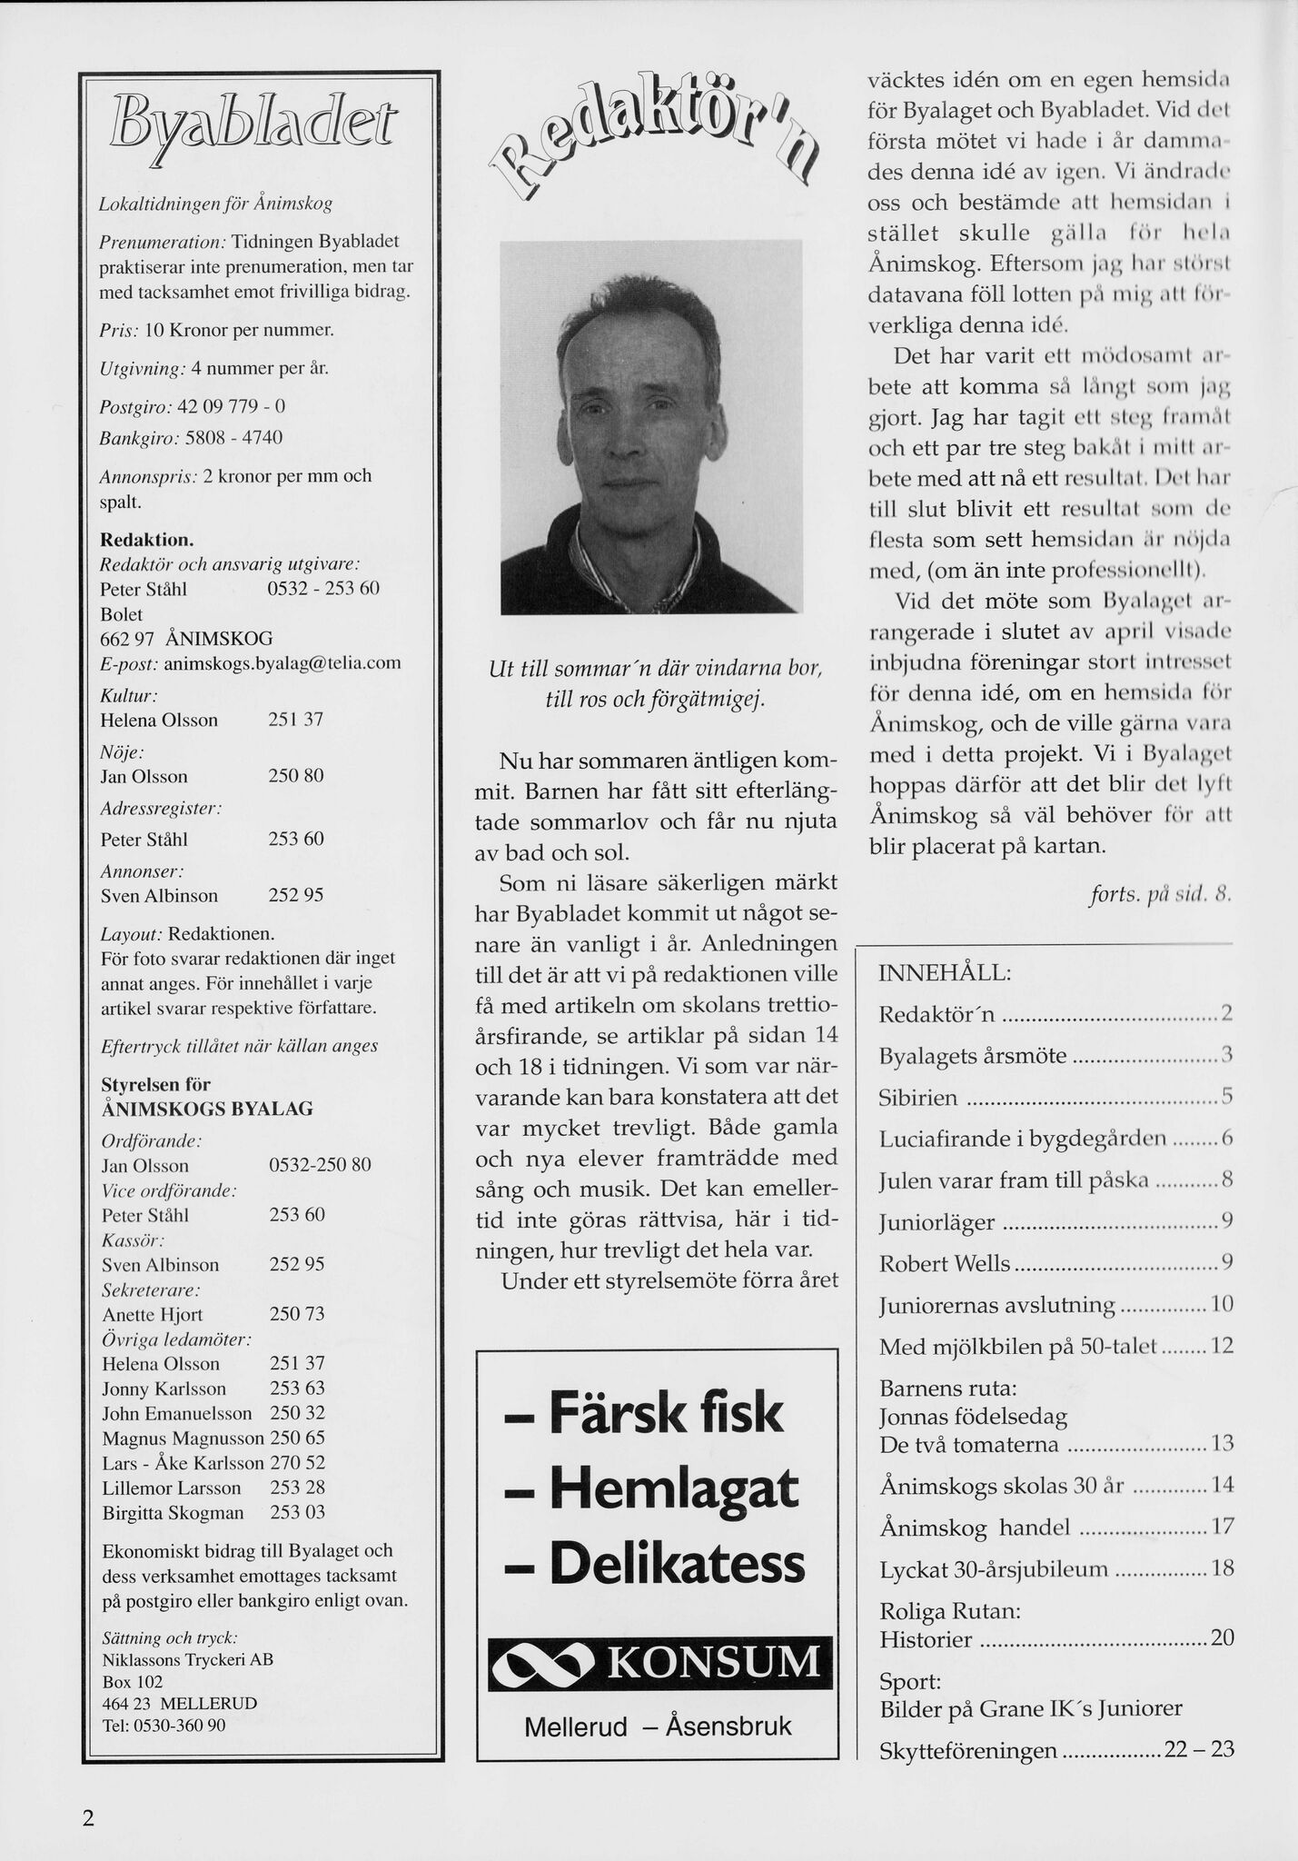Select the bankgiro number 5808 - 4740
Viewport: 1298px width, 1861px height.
point(233,438)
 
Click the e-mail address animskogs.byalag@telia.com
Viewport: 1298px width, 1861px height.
point(282,663)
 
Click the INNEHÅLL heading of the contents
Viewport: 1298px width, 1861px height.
point(945,973)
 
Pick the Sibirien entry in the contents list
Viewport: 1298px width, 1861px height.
point(918,1098)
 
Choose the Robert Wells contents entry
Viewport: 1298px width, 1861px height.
point(945,1264)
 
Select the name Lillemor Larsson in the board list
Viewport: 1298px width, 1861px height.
point(172,1488)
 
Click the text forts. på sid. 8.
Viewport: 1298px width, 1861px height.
point(1160,894)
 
